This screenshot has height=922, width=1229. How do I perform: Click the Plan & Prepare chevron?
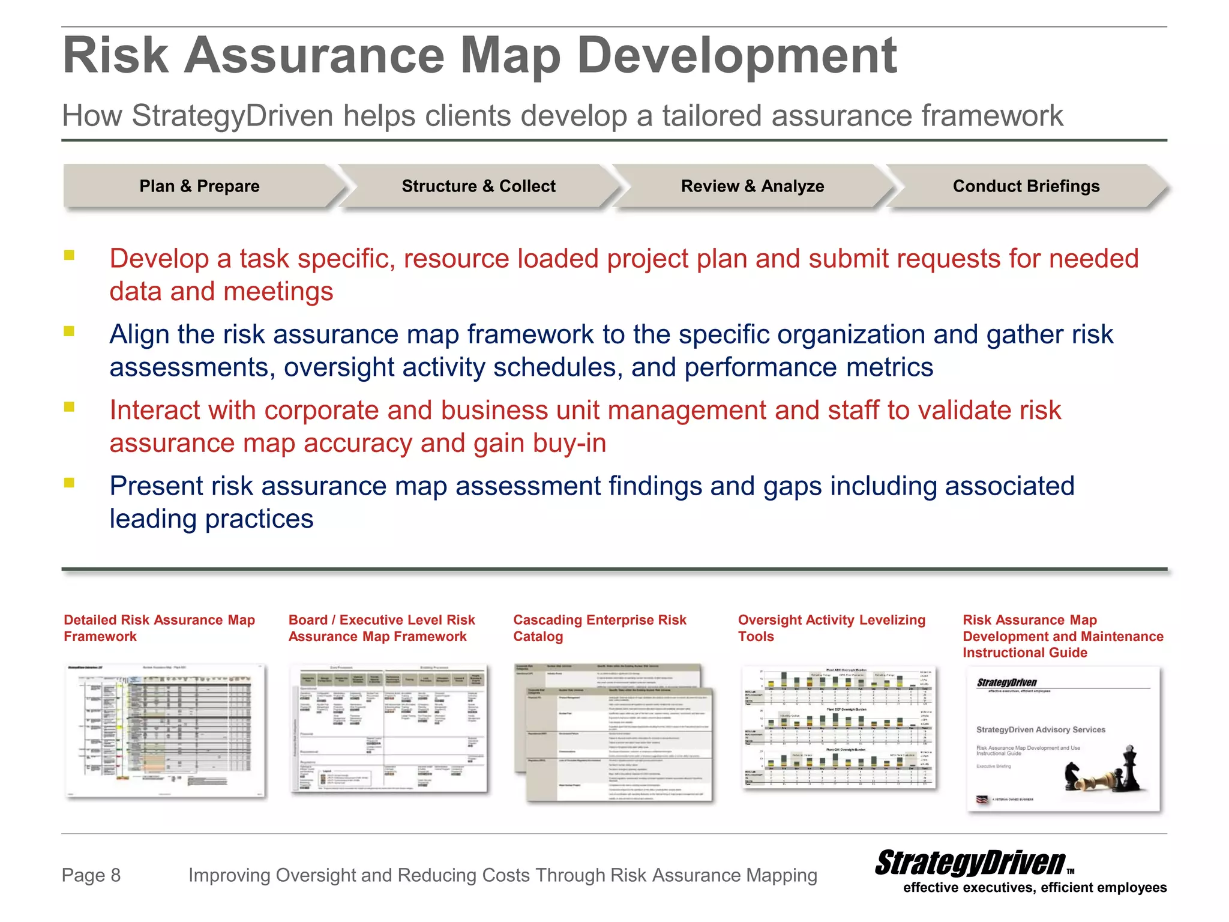click(x=200, y=186)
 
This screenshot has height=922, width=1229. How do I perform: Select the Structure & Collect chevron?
click(x=478, y=186)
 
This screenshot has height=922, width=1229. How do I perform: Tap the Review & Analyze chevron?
click(x=752, y=186)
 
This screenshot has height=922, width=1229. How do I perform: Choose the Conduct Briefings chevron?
click(x=1026, y=186)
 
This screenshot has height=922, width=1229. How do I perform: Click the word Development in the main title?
click(x=736, y=56)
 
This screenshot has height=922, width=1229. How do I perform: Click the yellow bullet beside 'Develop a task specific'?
click(x=70, y=255)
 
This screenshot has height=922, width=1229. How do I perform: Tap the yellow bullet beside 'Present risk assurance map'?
click(x=70, y=483)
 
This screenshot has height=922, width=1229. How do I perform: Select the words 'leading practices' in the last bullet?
click(x=211, y=519)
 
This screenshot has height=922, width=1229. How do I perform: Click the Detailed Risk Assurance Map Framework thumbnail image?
click(x=165, y=731)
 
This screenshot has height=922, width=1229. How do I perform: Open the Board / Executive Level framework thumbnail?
click(x=389, y=729)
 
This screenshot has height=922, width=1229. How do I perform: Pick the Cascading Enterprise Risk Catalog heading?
click(x=599, y=628)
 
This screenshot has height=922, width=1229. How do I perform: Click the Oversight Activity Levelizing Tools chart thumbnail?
click(x=838, y=728)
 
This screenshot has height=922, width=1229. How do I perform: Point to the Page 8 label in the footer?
click(x=91, y=875)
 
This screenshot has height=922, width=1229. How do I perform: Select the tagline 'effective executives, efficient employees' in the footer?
click(x=1035, y=888)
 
